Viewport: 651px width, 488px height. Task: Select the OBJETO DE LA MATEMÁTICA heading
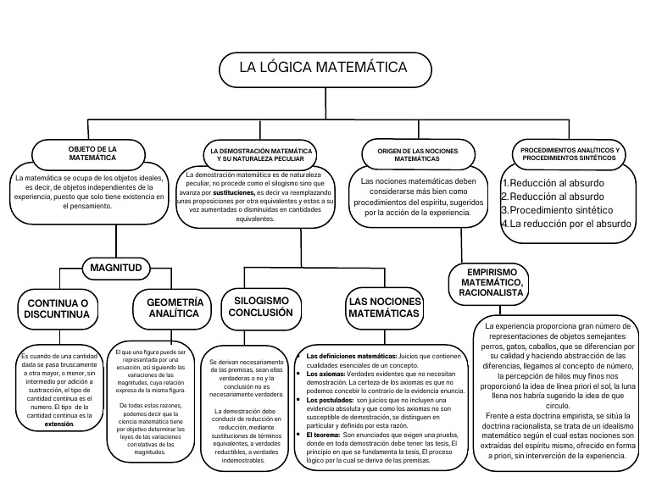(x=92, y=153)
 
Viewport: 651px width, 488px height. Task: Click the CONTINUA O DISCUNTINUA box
(x=58, y=310)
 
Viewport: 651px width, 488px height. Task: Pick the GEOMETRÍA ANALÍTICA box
(x=175, y=308)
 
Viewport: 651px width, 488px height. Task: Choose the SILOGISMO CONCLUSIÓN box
(x=263, y=307)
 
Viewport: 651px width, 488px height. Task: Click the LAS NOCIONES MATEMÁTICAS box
(x=383, y=308)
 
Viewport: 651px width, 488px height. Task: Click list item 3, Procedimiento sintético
(x=559, y=209)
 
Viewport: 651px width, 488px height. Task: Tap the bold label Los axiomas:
(x=326, y=373)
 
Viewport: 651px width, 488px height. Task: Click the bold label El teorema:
(x=323, y=433)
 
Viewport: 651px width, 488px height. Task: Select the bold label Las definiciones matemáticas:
(x=346, y=356)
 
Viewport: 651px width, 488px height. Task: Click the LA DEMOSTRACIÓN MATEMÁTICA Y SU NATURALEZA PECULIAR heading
(x=261, y=154)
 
